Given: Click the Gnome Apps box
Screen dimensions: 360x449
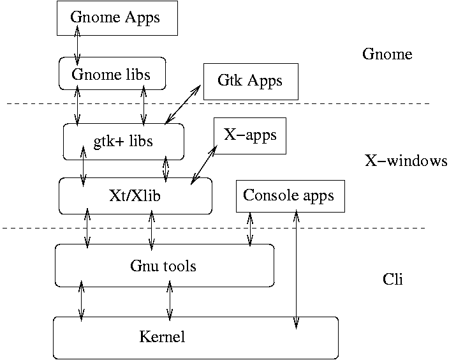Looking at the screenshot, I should (115, 18).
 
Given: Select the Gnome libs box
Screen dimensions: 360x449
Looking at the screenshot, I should (112, 74).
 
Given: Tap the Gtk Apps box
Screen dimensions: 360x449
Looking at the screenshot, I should (250, 81).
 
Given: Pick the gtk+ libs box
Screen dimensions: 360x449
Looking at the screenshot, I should (123, 141).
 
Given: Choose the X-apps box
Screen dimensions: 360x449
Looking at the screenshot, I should (250, 135).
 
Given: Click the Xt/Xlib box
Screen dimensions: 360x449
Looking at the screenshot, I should (135, 195).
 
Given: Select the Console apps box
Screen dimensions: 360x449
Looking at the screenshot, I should (290, 195).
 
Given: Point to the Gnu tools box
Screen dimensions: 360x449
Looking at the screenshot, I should (164, 265).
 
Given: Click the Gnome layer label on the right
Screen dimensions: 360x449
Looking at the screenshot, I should (387, 54).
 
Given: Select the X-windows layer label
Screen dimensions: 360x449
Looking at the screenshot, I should (406, 161).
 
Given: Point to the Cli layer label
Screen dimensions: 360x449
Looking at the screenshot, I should (393, 280).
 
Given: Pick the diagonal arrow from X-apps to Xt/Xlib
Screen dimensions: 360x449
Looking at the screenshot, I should (204, 164).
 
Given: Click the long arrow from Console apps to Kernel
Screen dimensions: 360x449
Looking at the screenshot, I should (296, 268).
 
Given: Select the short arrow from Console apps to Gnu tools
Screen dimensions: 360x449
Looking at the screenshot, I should (250, 228).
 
